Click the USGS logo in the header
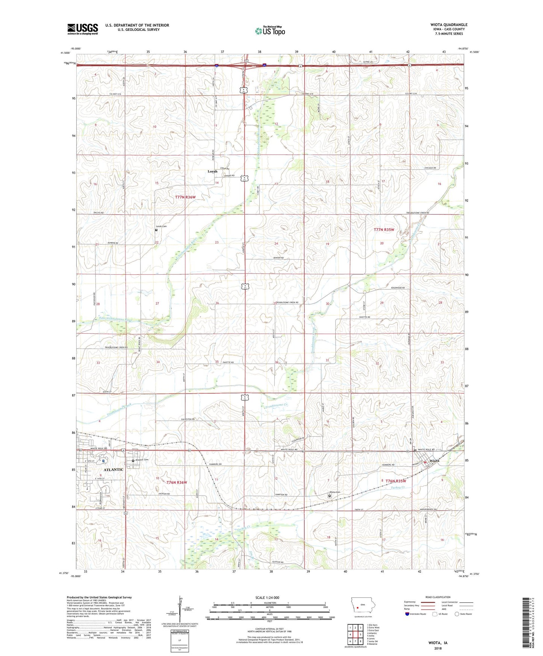[x=83, y=29]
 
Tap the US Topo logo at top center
[x=269, y=31]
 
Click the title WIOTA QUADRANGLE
[x=449, y=24]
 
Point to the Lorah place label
[x=212, y=171]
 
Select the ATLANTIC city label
[x=113, y=470]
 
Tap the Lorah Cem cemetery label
[x=162, y=226]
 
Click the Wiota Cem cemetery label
[x=335, y=492]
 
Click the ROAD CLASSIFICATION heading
[x=438, y=597]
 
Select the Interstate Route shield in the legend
[x=407, y=614]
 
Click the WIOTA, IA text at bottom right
[x=438, y=643]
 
